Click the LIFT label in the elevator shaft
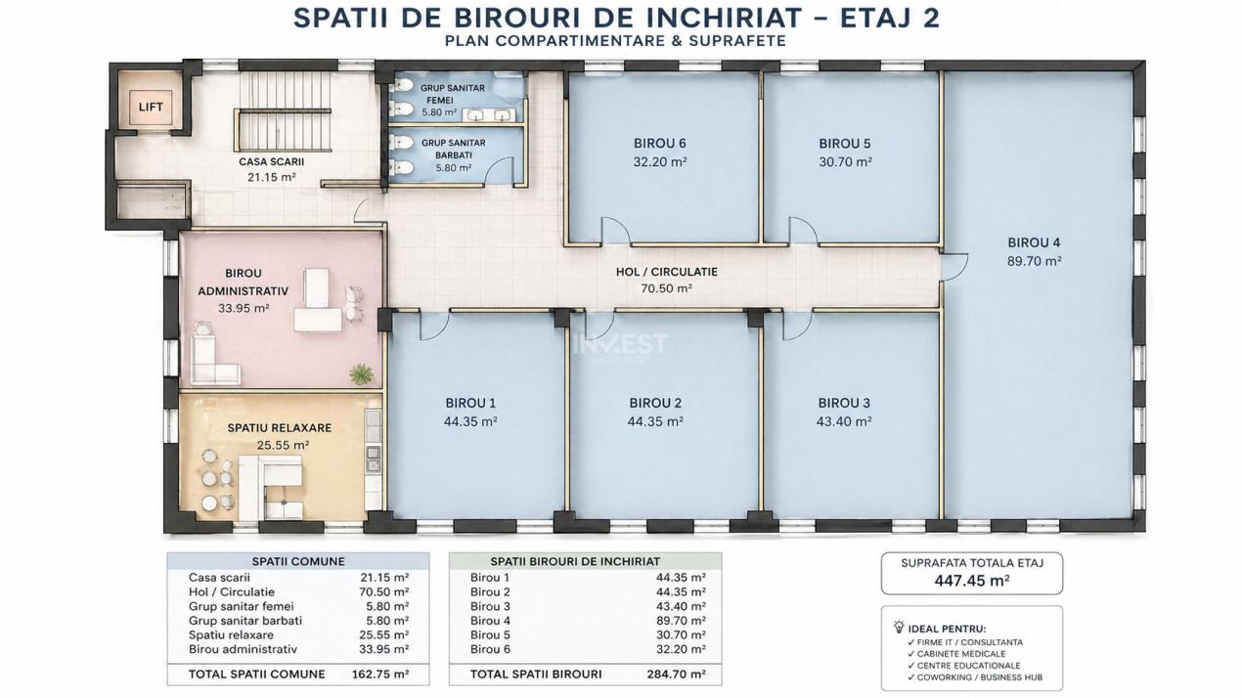click(x=150, y=107)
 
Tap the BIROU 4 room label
click(x=1034, y=242)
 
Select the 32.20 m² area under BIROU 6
click(x=659, y=162)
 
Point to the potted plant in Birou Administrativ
click(x=362, y=373)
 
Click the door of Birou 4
click(x=954, y=267)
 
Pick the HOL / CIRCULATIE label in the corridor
click(x=666, y=272)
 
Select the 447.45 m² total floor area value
click(x=971, y=579)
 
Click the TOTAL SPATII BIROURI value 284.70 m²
click(x=677, y=674)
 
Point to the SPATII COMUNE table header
click(x=297, y=561)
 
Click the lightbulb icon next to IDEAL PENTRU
click(x=899, y=627)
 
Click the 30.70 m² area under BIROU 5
click(x=845, y=162)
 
